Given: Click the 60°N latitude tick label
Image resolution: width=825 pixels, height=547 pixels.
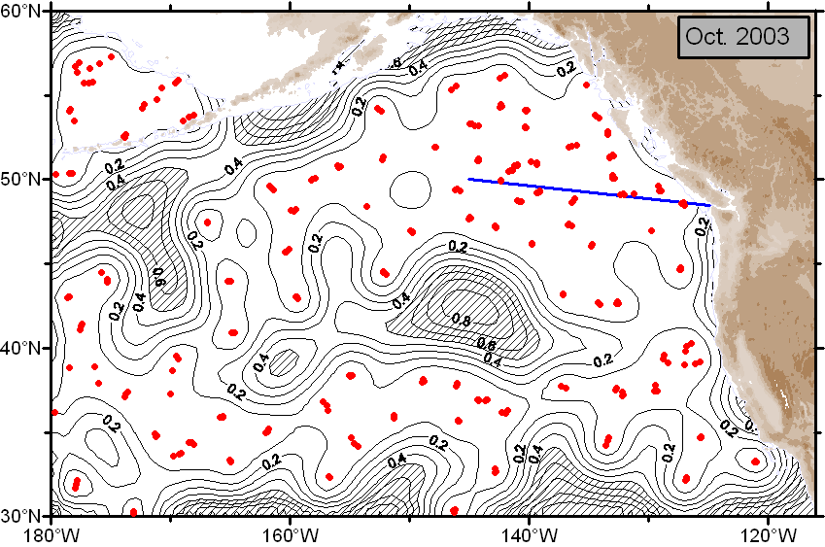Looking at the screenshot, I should point(24,12).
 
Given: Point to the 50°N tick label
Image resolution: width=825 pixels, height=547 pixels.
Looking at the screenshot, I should point(24,180).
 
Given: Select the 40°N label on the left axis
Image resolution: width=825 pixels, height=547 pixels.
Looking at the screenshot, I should point(24,348).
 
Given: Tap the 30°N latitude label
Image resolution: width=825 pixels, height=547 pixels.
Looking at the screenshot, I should point(24,515).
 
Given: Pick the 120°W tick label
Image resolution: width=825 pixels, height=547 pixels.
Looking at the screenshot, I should point(768,533).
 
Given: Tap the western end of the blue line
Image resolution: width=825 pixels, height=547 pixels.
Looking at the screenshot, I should point(469,179).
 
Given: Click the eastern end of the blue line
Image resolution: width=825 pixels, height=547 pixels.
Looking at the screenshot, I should point(710,205).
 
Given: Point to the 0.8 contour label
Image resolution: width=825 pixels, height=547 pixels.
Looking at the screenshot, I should point(462,320).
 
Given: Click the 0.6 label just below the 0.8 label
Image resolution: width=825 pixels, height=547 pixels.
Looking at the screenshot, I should point(485,342).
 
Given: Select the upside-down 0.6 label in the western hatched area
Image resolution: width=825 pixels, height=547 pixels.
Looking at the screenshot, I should point(158,277).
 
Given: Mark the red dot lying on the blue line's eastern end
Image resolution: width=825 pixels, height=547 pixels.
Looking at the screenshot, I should point(684,203).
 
